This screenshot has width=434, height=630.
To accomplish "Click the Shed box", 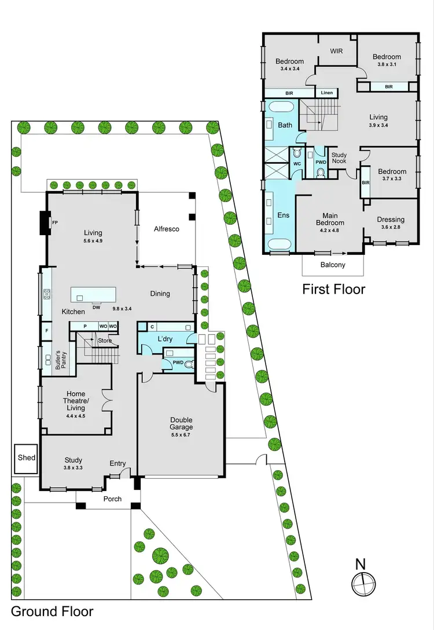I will point(27,457).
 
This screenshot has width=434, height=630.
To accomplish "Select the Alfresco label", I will point(166,229).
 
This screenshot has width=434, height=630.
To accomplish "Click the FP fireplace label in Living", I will point(55,222).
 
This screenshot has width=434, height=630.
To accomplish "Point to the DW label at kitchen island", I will point(96,307).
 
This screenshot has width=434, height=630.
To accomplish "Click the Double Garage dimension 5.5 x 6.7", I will point(181,435).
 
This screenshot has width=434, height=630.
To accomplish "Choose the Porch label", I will point(112,499).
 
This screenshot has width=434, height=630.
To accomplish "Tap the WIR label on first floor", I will point(336,51).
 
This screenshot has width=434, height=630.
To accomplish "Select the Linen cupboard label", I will point(326,93).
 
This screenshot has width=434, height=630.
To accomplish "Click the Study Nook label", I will point(339,157).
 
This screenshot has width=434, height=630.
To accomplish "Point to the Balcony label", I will point(333,265).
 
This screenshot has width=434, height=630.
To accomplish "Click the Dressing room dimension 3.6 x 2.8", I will point(391,228).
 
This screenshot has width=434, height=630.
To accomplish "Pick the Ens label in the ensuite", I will point(282,215).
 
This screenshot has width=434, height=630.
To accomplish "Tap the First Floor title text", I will point(334,288).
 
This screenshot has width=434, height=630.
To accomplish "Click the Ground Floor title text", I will point(52,611).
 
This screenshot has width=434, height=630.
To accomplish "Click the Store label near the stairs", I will point(105,340).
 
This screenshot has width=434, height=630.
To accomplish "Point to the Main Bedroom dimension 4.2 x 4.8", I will point(330,230).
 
